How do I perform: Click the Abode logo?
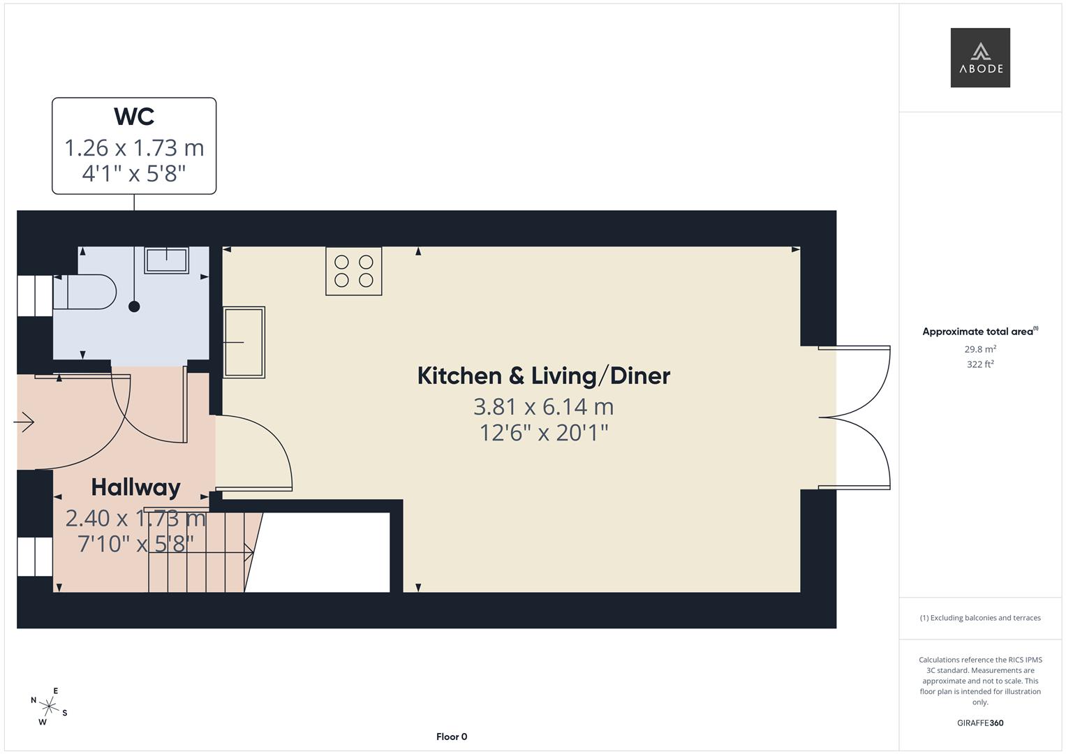point(980,58)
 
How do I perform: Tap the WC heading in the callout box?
point(134,117)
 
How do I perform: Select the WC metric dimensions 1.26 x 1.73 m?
point(134,148)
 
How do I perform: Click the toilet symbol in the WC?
point(85,291)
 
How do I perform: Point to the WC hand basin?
point(166,260)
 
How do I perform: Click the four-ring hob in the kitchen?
point(354,271)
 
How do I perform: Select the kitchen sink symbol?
point(244,342)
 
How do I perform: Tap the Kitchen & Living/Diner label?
point(543,376)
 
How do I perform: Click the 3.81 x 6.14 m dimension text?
point(543,406)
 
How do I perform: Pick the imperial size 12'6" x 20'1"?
point(543,433)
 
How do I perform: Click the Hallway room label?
point(135,487)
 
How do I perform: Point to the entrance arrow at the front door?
point(24,422)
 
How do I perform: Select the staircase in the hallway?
point(199,552)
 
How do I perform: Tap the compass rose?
point(49,706)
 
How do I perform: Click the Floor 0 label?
point(452,737)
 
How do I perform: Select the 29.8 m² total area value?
point(980,349)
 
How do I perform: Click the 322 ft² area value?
point(980,364)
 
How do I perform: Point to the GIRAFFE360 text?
point(980,723)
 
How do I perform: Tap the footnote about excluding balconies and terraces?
point(980,618)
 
